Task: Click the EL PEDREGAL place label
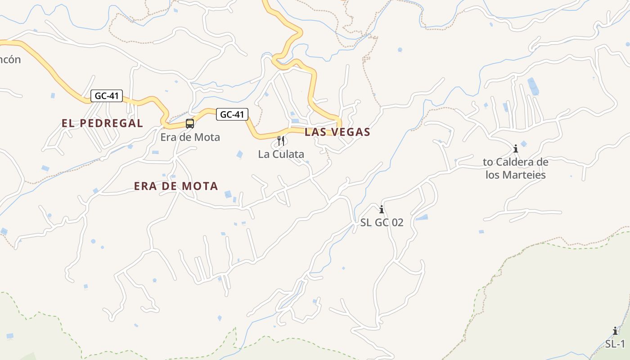[x=102, y=123]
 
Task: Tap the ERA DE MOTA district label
[x=176, y=186]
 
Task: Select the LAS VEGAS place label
[x=337, y=132]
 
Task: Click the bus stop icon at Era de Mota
[x=190, y=123]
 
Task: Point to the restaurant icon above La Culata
[x=281, y=140]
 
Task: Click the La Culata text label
[x=281, y=154]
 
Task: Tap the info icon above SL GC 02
[x=382, y=209]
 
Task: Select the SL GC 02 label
[x=382, y=222]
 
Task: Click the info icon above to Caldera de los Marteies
[x=516, y=148]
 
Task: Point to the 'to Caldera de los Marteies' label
[x=516, y=168]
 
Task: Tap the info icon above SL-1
[x=615, y=331]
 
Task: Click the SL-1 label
[x=615, y=344]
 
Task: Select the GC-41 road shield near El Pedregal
[x=107, y=96]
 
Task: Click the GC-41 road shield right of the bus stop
[x=232, y=114]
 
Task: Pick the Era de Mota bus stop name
[x=190, y=137]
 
